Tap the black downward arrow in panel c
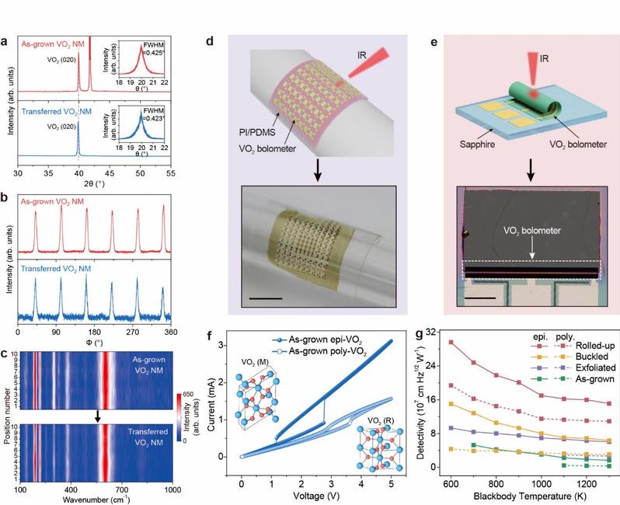[98, 416]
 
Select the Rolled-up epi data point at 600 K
[451, 343]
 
